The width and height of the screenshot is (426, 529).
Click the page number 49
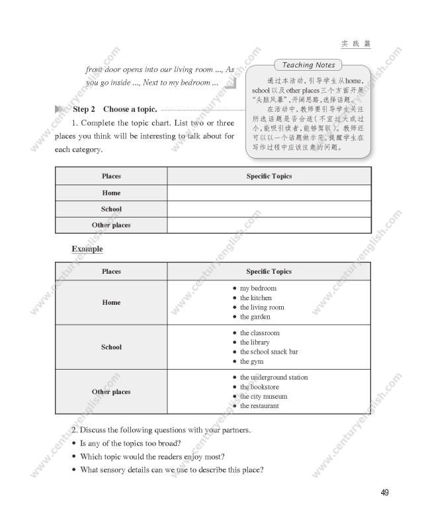pos(385,492)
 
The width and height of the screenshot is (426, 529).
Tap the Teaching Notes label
pos(308,65)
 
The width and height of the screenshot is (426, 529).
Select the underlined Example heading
pos(87,249)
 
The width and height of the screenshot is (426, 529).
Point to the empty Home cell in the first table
pos(269,193)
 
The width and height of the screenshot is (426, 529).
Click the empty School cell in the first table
pos(269,209)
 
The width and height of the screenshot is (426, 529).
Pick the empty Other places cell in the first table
pos(269,225)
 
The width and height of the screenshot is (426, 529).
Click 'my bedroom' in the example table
pos(258,288)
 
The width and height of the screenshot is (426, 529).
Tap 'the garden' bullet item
pos(255,317)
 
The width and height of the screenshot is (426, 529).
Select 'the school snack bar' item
pos(269,352)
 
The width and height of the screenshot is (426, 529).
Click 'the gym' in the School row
pos(251,362)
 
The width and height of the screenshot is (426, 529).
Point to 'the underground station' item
pos(273,378)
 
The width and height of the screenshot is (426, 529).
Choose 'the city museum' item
pos(263,397)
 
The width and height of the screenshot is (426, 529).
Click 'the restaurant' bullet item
pos(259,406)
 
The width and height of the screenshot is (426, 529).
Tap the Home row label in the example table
pos(111,303)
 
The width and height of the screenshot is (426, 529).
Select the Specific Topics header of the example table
pos(269,271)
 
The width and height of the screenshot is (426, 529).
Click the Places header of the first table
pos(111,177)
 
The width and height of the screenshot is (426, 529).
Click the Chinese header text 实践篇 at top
pos(356,44)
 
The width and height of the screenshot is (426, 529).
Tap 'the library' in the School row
pos(255,343)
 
